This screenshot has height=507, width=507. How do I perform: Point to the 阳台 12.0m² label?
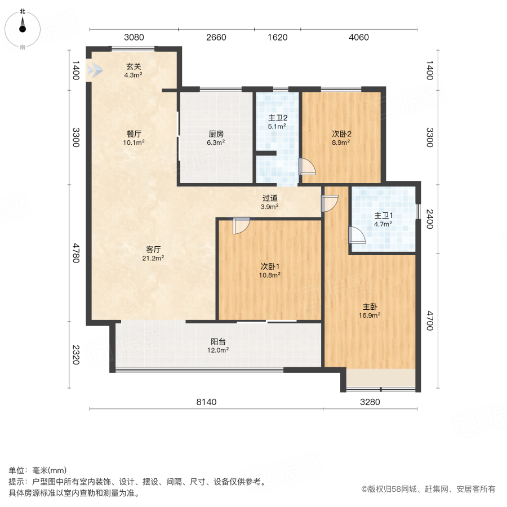coord(219,345)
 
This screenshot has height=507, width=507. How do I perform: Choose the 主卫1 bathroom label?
coord(384,219)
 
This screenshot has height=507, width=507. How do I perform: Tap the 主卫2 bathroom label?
coord(277,122)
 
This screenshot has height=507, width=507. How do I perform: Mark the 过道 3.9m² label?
coord(270,202)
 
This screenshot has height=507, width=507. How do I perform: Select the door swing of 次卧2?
coord(308,167)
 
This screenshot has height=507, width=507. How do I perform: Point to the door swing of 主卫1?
coord(357,234)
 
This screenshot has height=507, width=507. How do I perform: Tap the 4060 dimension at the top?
coord(359,38)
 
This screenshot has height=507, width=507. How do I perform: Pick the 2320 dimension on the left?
coord(75,354)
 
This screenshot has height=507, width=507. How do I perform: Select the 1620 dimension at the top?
coord(277,38)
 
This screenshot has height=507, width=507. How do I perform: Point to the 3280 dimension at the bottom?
coord(371,402)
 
